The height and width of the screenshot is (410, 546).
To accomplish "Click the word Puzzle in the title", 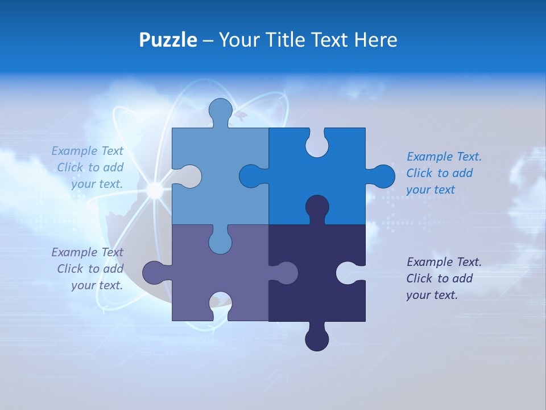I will (x=168, y=40).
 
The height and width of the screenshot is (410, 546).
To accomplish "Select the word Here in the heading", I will (x=375, y=40).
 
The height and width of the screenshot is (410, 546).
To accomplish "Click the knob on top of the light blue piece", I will (x=221, y=110).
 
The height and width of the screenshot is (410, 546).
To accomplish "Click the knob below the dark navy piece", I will (x=317, y=339).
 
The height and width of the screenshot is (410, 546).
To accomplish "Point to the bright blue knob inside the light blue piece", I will (x=251, y=177).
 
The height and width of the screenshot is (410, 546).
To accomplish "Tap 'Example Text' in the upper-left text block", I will (x=87, y=151).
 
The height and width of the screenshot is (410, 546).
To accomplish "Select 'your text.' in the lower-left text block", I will (x=97, y=285).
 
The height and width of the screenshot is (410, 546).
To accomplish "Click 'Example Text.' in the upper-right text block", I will (x=444, y=157).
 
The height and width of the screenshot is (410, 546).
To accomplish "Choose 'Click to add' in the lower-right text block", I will (x=439, y=278).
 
